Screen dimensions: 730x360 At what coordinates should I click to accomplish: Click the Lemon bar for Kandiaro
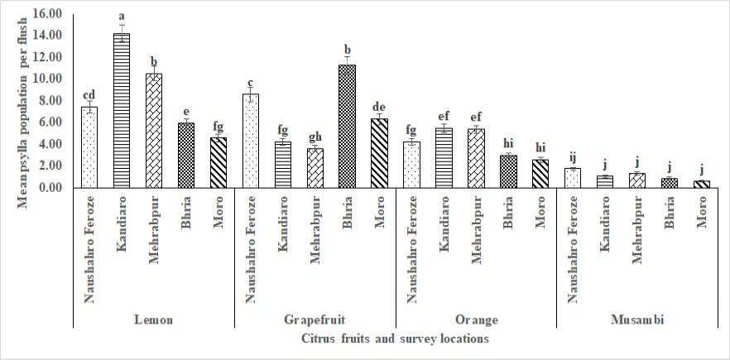tap(122, 110)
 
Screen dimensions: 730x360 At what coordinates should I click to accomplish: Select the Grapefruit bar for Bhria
tap(348, 127)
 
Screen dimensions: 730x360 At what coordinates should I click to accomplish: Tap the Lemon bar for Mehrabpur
tap(154, 131)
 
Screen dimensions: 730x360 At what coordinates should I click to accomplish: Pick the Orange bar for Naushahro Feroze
tap(411, 165)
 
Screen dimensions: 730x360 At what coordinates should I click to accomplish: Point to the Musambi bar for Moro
tap(702, 184)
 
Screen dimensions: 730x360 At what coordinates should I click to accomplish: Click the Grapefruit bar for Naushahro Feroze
tap(251, 141)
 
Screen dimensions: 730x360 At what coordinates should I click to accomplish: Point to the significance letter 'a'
tap(122, 17)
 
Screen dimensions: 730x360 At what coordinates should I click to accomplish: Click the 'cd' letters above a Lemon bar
tap(89, 94)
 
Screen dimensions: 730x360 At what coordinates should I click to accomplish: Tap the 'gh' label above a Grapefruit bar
tap(315, 138)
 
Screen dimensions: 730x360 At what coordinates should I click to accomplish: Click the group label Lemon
tap(154, 320)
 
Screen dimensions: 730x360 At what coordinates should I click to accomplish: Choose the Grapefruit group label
tap(315, 320)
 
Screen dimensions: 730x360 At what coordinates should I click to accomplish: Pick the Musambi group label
tap(637, 320)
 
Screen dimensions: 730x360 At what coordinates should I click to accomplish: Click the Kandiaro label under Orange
tap(444, 224)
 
